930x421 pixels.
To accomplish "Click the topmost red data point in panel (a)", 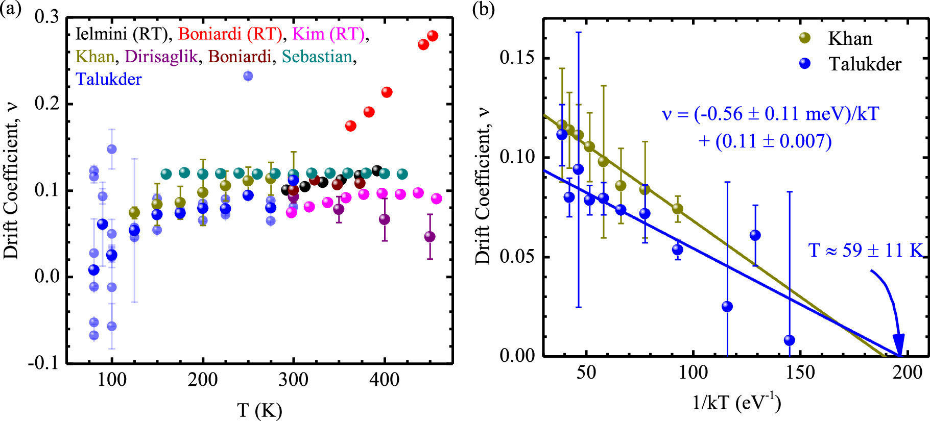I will (433, 36).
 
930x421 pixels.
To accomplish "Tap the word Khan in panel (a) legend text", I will (95, 57).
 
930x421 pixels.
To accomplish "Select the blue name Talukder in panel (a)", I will (108, 79).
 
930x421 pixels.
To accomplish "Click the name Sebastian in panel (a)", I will (317, 57).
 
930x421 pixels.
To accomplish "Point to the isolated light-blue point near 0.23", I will (248, 76).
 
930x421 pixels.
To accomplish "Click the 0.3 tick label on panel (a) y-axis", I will (46, 17).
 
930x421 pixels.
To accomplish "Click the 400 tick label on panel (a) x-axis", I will (384, 380).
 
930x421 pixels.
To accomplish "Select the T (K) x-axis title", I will (259, 410).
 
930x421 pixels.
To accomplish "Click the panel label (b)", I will (483, 9).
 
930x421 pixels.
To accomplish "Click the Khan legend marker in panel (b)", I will (805, 38).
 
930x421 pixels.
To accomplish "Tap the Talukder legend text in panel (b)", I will (864, 64).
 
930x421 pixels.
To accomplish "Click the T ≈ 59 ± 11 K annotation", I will (865, 251).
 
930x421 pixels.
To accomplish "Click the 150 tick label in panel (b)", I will (800, 373).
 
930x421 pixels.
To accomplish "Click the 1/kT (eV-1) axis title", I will (736, 403).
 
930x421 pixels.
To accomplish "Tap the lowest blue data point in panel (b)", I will (789, 340).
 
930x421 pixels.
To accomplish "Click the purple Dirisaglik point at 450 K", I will (430, 237).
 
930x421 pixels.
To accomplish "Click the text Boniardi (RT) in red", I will (230, 34).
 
